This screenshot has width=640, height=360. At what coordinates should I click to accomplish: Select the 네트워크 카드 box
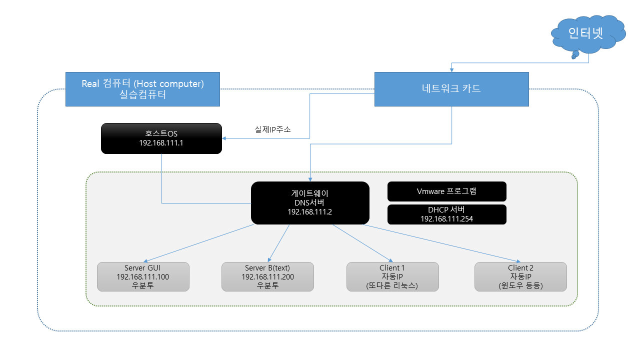[x=451, y=89]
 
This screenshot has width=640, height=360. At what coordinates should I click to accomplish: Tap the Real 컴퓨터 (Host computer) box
[x=142, y=89]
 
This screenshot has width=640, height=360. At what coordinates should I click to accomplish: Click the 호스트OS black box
[x=161, y=138]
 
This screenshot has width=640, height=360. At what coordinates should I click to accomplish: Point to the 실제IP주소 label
[x=272, y=129]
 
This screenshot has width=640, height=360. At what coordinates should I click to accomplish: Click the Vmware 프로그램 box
[x=446, y=191]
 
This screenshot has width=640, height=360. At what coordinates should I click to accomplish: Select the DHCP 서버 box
[x=446, y=214]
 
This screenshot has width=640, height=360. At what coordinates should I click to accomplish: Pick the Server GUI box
[x=143, y=276]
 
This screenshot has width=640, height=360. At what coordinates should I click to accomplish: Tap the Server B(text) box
[x=267, y=276]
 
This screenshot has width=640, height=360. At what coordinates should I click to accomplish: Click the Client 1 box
[x=392, y=276]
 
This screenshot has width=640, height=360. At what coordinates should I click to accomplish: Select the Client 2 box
[x=520, y=276]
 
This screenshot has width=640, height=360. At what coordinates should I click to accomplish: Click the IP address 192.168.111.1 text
[x=161, y=142]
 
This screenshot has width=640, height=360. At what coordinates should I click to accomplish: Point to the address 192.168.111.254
[x=446, y=218]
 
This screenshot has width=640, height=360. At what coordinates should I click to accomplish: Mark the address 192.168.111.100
[x=143, y=277]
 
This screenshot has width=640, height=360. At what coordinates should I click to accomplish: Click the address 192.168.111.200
[x=267, y=277]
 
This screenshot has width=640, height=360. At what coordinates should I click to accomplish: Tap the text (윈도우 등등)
[x=520, y=286]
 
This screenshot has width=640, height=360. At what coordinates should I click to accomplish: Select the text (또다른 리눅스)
[x=392, y=286]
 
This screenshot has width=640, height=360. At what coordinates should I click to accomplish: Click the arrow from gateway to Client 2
[x=440, y=243]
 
